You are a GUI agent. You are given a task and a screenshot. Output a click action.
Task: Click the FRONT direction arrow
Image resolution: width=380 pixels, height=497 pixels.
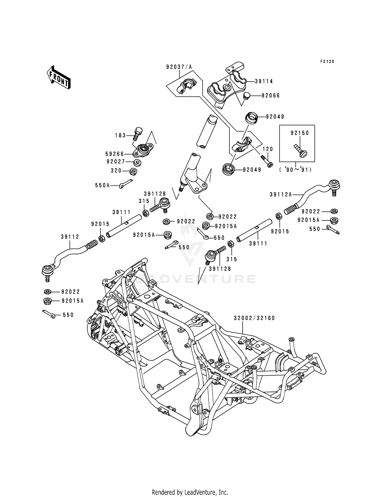pyautogui.click(x=58, y=77)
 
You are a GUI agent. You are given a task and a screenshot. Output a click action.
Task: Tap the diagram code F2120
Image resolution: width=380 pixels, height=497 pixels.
pyautogui.click(x=327, y=62)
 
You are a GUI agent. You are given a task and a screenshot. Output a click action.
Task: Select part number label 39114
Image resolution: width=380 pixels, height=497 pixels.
pyautogui.click(x=264, y=81)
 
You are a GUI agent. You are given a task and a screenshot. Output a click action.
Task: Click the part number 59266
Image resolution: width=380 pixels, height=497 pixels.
pyautogui.click(x=115, y=154)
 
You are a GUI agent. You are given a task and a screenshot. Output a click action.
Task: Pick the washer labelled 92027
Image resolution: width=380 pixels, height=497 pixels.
pyautogui.click(x=137, y=162)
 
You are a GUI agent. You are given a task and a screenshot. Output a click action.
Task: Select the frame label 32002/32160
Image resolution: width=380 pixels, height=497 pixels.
pyautogui.click(x=254, y=318)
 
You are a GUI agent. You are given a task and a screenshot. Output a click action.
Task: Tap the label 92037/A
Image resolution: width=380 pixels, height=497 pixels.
pyautogui.click(x=179, y=67)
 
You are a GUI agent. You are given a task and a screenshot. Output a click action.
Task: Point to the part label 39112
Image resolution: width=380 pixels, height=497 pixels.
pyautogui.click(x=70, y=237)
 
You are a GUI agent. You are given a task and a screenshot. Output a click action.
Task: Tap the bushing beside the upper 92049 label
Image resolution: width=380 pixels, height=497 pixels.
pyautogui.click(x=252, y=118)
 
